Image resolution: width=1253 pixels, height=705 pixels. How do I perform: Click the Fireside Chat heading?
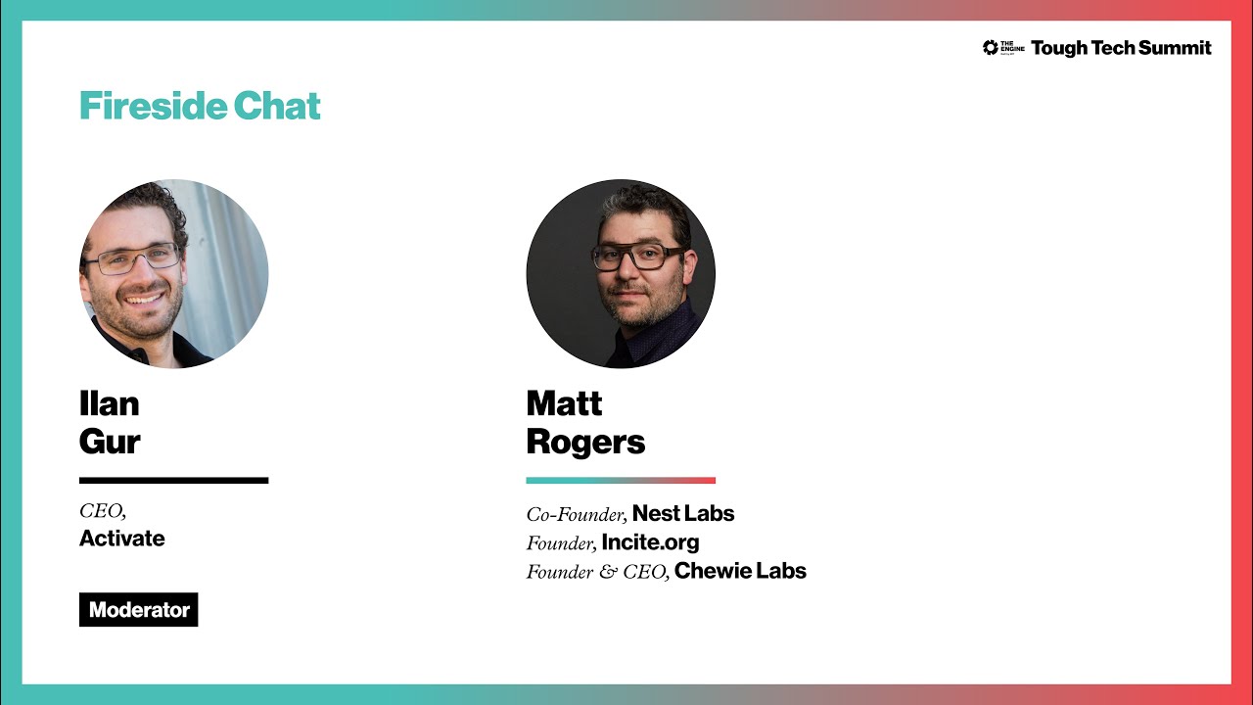click(200, 106)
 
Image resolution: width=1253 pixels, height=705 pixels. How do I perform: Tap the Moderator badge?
click(139, 610)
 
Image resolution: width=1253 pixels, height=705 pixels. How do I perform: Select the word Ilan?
click(109, 403)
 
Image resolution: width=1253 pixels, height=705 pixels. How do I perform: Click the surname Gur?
click(110, 442)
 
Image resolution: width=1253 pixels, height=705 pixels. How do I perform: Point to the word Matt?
click(564, 403)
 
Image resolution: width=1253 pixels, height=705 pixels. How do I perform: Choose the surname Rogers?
click(585, 442)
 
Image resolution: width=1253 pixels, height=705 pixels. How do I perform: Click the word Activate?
click(122, 539)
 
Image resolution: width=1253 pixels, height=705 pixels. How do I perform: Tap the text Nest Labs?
click(683, 514)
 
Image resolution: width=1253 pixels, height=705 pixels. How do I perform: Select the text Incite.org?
click(650, 542)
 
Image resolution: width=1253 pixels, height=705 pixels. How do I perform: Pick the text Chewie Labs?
click(740, 571)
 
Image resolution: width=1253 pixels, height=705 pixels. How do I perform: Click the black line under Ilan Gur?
click(173, 480)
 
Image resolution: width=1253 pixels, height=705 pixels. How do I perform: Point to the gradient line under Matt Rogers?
click(621, 480)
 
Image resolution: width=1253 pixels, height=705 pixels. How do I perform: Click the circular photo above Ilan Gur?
click(174, 274)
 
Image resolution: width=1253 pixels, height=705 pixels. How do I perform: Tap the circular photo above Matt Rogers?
click(621, 274)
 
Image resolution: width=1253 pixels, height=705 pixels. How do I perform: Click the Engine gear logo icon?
click(991, 48)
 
